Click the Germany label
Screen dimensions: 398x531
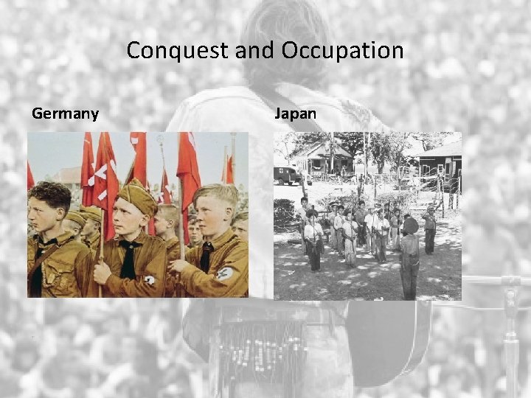[65, 114]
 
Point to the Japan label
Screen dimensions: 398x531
[296, 114]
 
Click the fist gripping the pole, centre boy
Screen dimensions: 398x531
[103, 271]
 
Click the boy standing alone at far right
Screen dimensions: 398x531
[430, 230]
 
